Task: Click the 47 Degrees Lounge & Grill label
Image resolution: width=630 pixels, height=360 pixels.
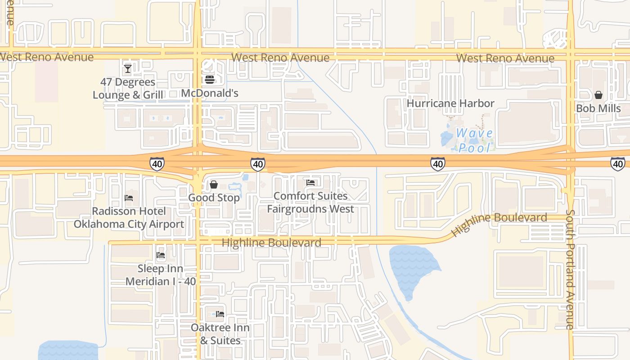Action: point(128,89)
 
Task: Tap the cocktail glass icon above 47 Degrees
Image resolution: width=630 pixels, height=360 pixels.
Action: point(128,69)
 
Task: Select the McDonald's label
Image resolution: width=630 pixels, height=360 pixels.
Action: point(210,93)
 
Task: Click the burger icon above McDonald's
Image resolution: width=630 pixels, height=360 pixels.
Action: point(210,80)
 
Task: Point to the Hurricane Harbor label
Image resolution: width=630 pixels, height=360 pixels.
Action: point(450,103)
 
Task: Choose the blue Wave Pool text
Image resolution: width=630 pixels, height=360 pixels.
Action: point(474,140)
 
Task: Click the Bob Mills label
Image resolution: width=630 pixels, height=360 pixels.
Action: point(598,108)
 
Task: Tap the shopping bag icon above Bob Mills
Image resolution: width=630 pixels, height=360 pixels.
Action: point(598,95)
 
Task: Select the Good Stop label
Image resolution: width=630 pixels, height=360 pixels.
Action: point(214,198)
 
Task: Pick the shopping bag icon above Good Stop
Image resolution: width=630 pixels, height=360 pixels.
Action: point(214,184)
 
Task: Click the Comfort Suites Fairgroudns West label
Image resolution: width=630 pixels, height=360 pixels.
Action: point(310,202)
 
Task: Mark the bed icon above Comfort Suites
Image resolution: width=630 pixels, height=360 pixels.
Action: point(310,183)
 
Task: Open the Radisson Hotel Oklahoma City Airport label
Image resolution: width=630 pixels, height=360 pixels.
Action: point(129,218)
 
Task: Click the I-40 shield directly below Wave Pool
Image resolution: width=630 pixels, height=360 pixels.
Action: point(438,164)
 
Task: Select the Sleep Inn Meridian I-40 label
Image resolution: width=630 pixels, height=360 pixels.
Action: point(161,275)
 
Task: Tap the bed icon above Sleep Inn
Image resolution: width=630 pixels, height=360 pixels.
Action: point(161,256)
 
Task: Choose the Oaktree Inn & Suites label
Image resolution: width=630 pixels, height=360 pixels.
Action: point(220,334)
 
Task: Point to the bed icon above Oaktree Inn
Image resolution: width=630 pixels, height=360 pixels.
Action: point(220,314)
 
